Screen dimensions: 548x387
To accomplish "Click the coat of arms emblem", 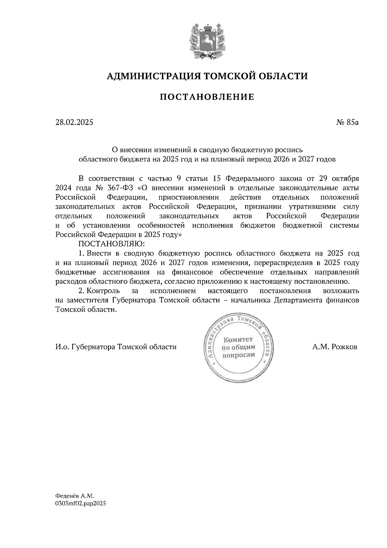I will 205,41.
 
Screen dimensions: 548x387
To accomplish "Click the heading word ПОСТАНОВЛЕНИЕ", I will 207,97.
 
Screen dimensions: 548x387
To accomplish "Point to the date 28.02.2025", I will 74,122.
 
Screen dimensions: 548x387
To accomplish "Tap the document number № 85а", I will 347,122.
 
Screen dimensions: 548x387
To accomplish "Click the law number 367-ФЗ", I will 120,188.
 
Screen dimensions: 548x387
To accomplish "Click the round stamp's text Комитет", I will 239,339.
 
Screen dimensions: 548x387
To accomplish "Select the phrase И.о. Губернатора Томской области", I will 116,347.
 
